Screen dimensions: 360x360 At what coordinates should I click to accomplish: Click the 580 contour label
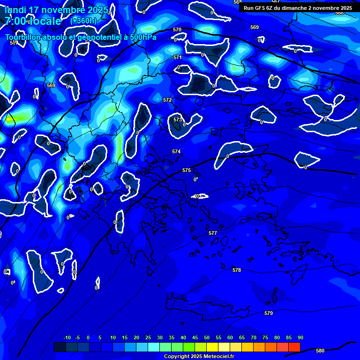(x=320, y=351)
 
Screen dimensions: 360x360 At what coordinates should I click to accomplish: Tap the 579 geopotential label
(x=269, y=313)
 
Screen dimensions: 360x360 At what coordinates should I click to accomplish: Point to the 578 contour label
(x=237, y=270)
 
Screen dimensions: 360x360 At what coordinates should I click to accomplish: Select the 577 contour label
(x=213, y=233)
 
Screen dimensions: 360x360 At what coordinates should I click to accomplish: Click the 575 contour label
(x=187, y=170)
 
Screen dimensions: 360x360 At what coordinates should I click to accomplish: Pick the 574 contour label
(x=176, y=151)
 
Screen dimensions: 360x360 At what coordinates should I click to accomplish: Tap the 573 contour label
(x=177, y=120)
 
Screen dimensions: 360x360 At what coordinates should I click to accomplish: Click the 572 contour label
(x=167, y=100)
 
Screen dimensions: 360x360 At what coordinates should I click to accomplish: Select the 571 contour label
(x=178, y=57)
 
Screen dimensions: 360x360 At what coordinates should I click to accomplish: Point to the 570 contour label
(x=177, y=30)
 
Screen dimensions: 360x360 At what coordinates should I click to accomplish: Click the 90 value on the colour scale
(x=300, y=338)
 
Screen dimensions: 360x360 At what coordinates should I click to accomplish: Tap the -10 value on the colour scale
(x=67, y=338)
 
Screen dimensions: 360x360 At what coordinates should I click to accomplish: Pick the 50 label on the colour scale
(x=207, y=338)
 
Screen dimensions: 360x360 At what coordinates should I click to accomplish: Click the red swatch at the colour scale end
(x=294, y=347)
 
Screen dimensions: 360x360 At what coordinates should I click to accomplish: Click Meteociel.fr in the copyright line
(x=222, y=357)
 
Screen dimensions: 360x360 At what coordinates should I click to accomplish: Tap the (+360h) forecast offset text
(x=83, y=21)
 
